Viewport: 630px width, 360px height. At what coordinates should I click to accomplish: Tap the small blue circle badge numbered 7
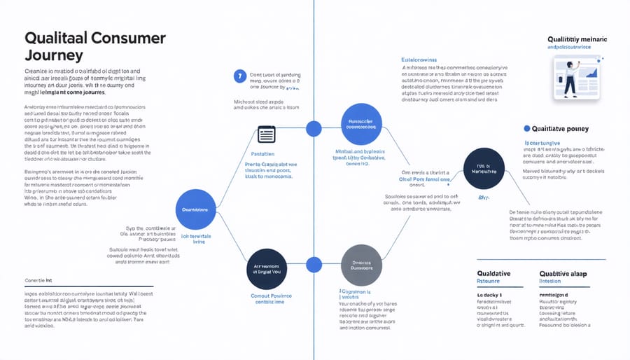240,76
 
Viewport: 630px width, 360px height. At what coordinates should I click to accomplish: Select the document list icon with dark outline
267,134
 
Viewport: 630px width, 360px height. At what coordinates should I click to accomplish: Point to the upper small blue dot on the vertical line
314,128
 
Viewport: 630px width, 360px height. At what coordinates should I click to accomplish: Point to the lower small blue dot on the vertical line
314,265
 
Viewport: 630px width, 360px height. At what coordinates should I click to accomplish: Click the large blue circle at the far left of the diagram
195,208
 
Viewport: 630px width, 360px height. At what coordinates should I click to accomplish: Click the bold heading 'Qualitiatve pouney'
561,129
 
